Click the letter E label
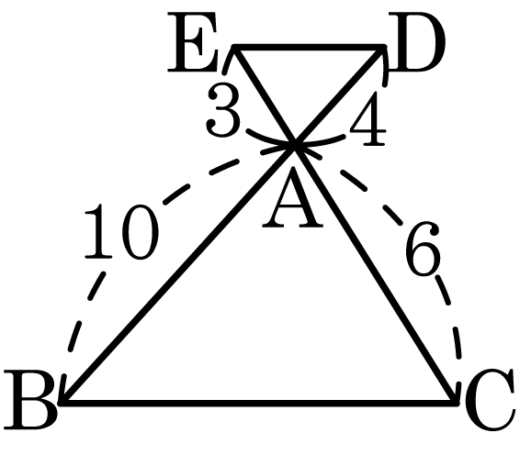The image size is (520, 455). tap(193, 42)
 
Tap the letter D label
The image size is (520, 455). tap(416, 42)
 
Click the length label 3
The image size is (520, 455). tap(223, 110)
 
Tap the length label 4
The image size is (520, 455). tap(367, 118)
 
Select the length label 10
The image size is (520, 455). tap(121, 231)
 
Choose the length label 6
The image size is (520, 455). tap(424, 249)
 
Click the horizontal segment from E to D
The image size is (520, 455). tap(309, 48)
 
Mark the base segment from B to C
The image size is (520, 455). tap(259, 403)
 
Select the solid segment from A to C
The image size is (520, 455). tap(376, 273)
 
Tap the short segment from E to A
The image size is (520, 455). tap(265, 96)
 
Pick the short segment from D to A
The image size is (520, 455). tap(339, 96)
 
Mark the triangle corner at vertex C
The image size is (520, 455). tap(456, 403)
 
